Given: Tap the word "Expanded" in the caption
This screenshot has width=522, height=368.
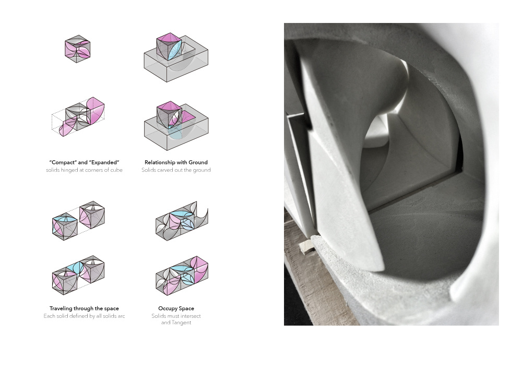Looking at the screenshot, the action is pyautogui.click(x=104, y=162).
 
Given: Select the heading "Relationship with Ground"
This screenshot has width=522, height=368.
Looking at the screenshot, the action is pyautogui.click(x=176, y=162).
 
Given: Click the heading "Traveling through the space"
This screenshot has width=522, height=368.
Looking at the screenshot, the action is pyautogui.click(x=84, y=308).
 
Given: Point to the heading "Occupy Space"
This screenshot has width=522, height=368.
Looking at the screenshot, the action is pyautogui.click(x=176, y=308).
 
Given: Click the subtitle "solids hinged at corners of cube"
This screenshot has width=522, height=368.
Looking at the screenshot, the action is pyautogui.click(x=84, y=170).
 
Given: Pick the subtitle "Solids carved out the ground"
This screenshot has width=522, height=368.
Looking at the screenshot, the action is pyautogui.click(x=176, y=170).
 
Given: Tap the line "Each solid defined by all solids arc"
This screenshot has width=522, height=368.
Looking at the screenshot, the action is pyautogui.click(x=84, y=316).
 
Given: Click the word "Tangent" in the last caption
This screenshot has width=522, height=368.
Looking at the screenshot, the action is pyautogui.click(x=182, y=323).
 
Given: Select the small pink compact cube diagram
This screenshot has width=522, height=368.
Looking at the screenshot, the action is pyautogui.click(x=78, y=49).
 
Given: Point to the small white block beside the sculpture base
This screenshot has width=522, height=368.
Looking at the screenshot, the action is pyautogui.click(x=306, y=246).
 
